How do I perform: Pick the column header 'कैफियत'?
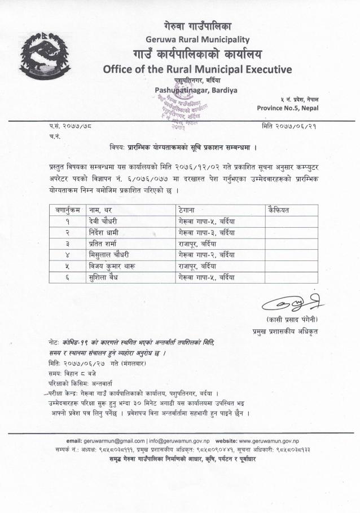(x=280, y=210)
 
